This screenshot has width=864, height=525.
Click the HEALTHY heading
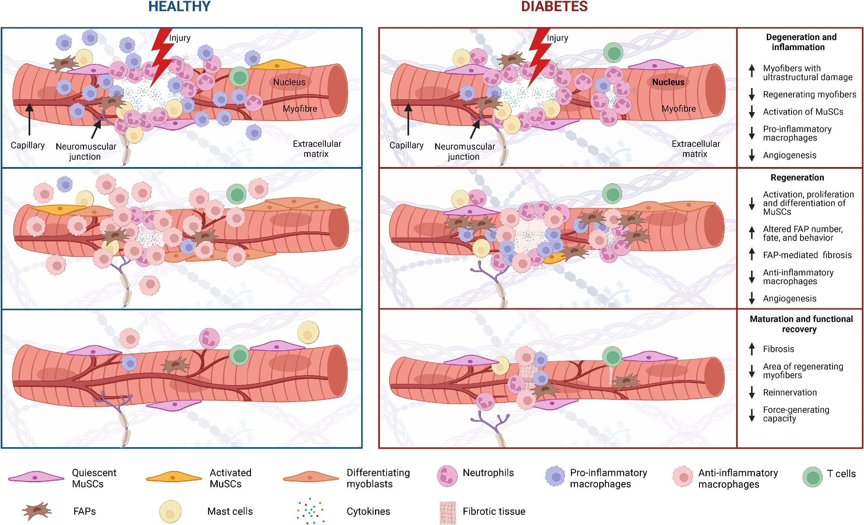(x=179, y=6)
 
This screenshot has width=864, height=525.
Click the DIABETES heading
(x=554, y=6)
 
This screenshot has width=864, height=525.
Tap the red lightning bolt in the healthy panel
(x=161, y=56)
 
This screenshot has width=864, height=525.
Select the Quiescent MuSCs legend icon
(x=36, y=477)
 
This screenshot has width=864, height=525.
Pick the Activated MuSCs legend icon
(x=174, y=477)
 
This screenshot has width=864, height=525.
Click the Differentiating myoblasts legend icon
(x=311, y=477)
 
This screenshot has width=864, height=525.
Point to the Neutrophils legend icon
(x=447, y=476)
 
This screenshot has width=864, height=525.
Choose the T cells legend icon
(x=813, y=477)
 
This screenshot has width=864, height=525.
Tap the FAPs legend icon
(x=37, y=511)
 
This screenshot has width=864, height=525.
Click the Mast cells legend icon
(x=170, y=512)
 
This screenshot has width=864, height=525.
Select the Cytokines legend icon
(x=310, y=511)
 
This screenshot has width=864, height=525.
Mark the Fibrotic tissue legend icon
(x=448, y=512)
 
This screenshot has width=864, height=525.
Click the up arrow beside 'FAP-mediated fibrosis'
(x=752, y=254)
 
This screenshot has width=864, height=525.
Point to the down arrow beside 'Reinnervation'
(x=752, y=392)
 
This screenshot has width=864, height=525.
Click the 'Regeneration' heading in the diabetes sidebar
(x=797, y=177)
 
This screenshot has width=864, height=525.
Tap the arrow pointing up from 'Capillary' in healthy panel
(x=29, y=119)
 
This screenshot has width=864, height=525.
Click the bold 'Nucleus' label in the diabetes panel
(x=668, y=82)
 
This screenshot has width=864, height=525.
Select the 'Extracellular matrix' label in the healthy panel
(x=317, y=149)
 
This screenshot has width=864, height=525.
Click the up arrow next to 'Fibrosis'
(x=752, y=348)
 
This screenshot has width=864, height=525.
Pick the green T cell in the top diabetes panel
(x=613, y=53)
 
